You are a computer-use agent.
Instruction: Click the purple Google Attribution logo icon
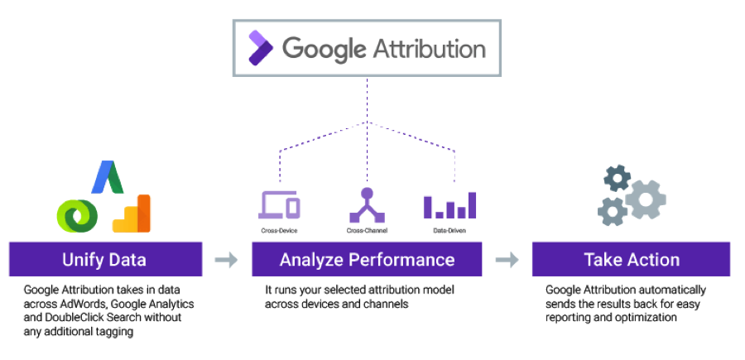coord(261,47)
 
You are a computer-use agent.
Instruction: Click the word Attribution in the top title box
coord(429,49)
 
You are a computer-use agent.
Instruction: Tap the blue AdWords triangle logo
coord(108,177)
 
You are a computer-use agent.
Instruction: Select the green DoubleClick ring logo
coord(78,216)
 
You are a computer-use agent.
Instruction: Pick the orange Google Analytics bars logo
coord(132,214)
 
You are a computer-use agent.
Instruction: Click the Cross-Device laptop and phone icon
coord(280,204)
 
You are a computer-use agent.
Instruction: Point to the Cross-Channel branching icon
coord(367,204)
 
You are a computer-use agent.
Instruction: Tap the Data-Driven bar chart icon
coord(449,205)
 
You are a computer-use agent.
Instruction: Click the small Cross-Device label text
coord(280,231)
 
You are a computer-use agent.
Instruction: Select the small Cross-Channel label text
coord(367,231)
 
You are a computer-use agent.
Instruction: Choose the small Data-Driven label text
coord(449,231)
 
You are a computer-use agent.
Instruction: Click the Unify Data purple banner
coord(105,259)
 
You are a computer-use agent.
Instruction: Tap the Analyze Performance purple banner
coord(367,259)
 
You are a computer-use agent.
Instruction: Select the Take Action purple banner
coord(631,259)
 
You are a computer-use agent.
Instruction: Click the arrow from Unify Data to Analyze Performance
coord(226,260)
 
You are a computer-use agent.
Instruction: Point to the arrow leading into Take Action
coord(507,260)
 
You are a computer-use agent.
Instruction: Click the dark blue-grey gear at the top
coord(618,179)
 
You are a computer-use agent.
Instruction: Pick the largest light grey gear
coord(645,199)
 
